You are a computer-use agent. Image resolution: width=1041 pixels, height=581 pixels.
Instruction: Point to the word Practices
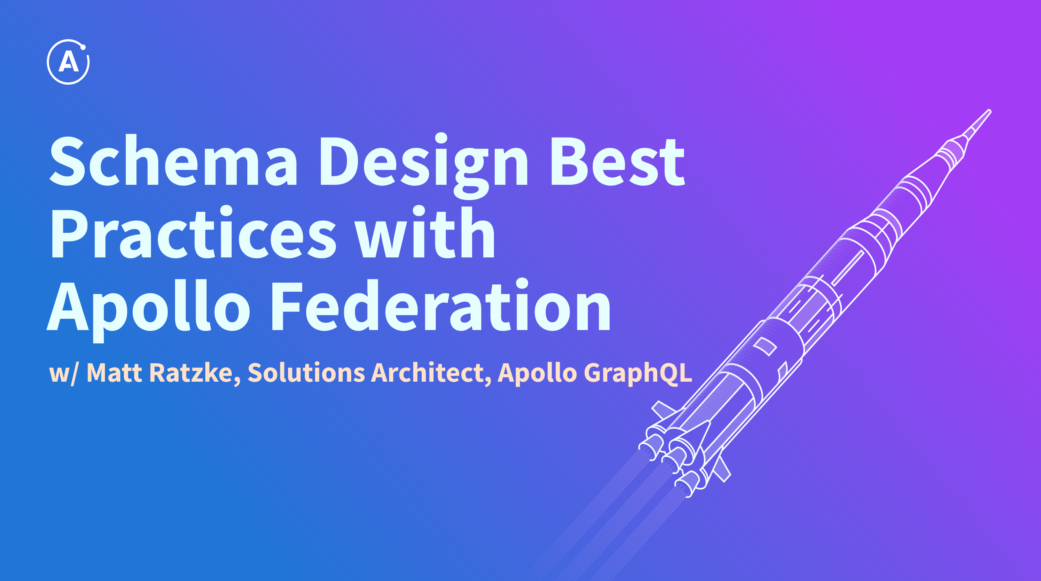click(193, 232)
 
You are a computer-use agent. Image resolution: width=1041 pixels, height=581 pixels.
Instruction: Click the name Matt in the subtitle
click(114, 372)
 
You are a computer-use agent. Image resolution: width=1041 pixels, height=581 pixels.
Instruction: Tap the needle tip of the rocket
click(989, 111)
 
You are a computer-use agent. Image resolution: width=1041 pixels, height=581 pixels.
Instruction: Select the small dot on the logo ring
click(83, 47)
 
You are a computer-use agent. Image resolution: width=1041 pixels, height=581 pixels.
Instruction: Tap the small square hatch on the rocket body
click(765, 346)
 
